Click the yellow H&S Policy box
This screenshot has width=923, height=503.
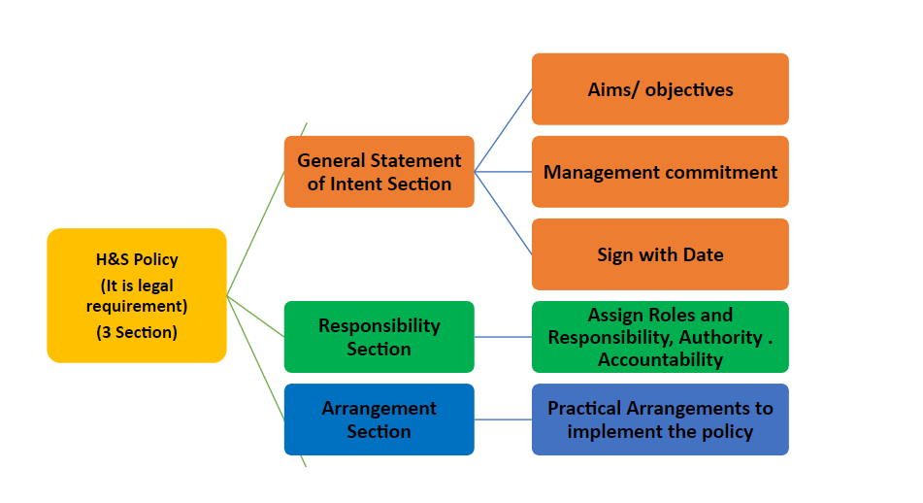pyautogui.click(x=137, y=295)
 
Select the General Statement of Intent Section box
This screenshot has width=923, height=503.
pyautogui.click(x=379, y=172)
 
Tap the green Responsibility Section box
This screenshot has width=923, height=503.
pyautogui.click(x=379, y=337)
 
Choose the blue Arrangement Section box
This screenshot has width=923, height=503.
pyautogui.click(x=379, y=419)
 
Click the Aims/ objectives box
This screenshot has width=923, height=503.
pyautogui.click(x=660, y=89)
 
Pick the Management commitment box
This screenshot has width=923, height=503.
pyautogui.click(x=660, y=172)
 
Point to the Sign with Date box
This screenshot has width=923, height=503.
pyautogui.click(x=660, y=254)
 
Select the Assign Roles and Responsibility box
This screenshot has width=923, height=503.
pyautogui.click(x=660, y=337)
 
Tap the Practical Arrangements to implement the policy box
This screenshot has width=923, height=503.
pyautogui.click(x=660, y=419)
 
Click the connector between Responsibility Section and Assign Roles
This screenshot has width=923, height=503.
pyautogui.click(x=504, y=337)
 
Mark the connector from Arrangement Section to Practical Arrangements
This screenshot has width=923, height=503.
pyautogui.click(x=504, y=419)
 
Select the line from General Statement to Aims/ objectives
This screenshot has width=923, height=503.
pyautogui.click(x=504, y=130)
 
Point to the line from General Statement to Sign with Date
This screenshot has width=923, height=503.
pyautogui.click(x=504, y=214)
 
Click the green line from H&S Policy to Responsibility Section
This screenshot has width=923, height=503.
pyautogui.click(x=255, y=317)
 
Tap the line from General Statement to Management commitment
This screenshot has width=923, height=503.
pyautogui.click(x=504, y=172)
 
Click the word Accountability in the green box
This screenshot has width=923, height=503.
pyautogui.click(x=660, y=359)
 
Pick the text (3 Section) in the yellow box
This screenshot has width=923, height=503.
pyautogui.click(x=137, y=332)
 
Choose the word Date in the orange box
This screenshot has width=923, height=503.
pyautogui.click(x=703, y=254)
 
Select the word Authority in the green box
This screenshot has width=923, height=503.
pyautogui.click(x=720, y=337)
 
